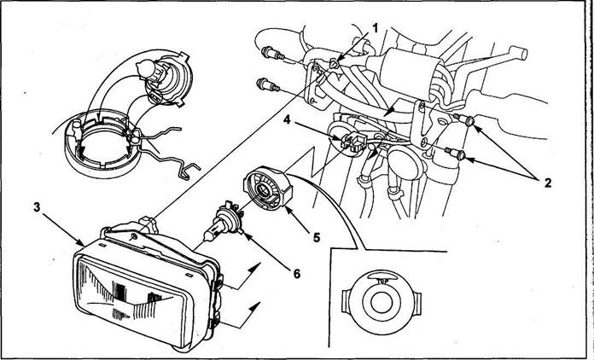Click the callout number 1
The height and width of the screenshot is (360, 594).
coord(375,28)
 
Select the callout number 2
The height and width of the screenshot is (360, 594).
coord(548,183)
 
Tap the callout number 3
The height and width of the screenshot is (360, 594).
coord(37,207)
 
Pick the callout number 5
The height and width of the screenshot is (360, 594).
coord(317,238)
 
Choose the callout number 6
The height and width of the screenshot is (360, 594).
coord(296,273)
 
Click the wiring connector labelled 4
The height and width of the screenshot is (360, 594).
coord(352,142)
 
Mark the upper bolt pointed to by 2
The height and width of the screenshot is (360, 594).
coord(465,120)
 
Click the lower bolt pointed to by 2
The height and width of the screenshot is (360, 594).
coord(456,154)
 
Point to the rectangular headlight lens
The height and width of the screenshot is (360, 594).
coord(131,295)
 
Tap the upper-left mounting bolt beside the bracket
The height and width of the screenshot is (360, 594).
coord(272,54)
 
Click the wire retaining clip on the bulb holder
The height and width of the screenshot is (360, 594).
coord(163,151)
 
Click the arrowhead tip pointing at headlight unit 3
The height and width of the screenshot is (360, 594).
coord(84,247)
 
